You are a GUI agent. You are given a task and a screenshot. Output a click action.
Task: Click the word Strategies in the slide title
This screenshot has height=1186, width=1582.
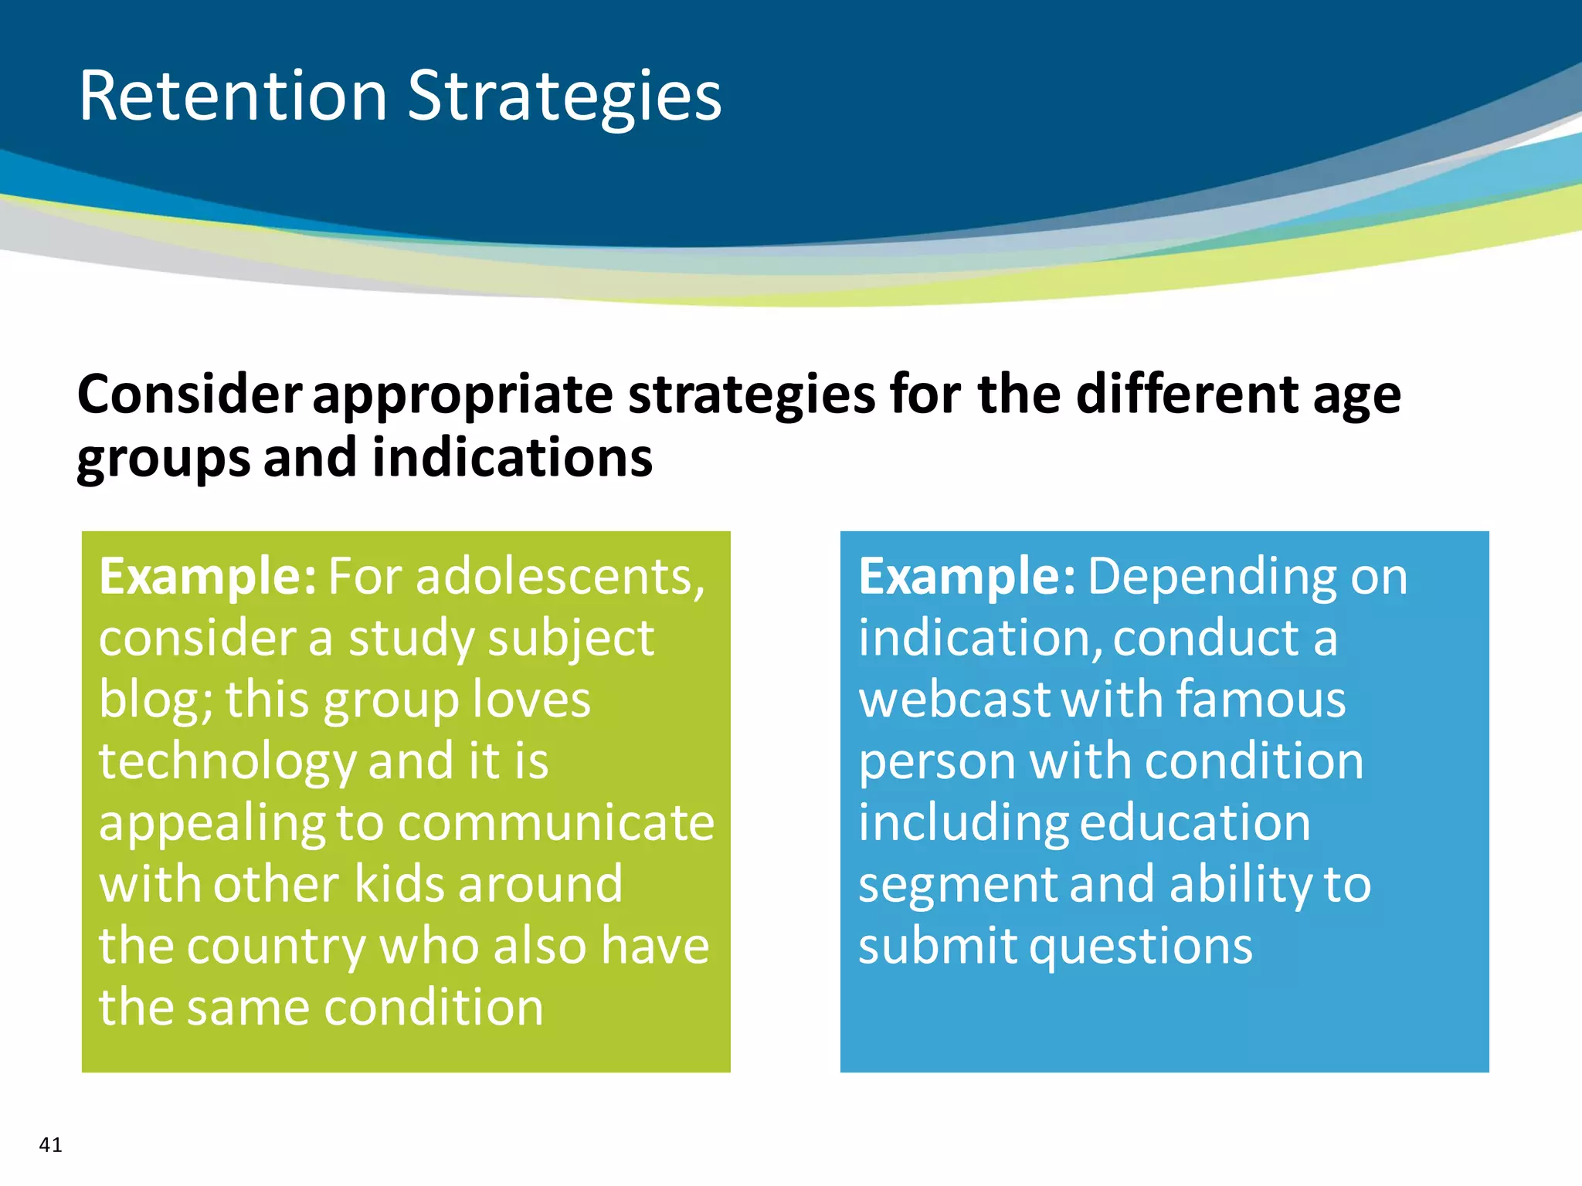[564, 97]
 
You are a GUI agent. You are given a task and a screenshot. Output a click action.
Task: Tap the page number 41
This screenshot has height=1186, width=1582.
[50, 1144]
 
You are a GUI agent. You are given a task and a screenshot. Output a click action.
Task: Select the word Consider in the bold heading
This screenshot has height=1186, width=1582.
[189, 395]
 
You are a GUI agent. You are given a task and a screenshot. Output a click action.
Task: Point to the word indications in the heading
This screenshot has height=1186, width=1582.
[512, 458]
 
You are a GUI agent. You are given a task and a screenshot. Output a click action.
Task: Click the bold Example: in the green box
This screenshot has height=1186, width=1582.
[207, 577]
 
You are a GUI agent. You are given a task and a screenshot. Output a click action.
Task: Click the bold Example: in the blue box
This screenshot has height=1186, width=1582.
[966, 577]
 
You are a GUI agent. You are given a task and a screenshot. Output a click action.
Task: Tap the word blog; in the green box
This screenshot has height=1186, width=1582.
[155, 700]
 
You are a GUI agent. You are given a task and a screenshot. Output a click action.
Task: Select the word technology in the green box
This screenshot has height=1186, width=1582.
[227, 762]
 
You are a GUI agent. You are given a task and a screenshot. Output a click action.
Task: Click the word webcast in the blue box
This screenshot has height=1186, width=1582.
[955, 700]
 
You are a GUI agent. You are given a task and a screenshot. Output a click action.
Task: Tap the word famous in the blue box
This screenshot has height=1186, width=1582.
[1261, 700]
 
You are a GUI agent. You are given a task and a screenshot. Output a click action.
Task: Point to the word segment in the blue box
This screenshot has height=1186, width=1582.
[957, 885]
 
